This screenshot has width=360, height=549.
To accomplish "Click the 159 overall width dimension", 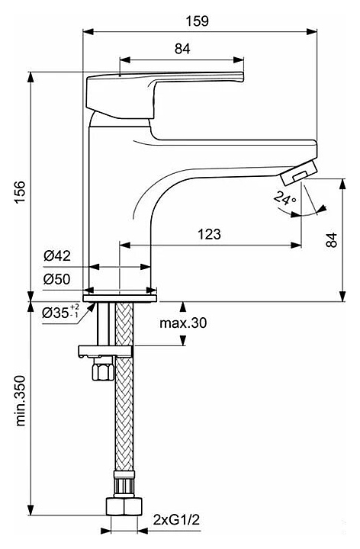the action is click(x=197, y=21).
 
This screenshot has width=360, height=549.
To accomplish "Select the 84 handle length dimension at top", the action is click(x=182, y=49).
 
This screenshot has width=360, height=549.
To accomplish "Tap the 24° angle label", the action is click(x=285, y=197).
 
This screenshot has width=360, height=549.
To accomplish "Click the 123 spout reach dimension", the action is click(x=210, y=234).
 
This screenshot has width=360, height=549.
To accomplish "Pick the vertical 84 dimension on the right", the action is click(x=331, y=240).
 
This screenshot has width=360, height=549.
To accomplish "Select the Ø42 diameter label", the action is click(x=57, y=256).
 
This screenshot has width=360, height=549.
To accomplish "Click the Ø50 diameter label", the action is click(x=57, y=279).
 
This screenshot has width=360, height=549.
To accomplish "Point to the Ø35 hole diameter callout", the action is click(x=60, y=312).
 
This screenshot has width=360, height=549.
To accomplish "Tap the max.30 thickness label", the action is click(x=183, y=323).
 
